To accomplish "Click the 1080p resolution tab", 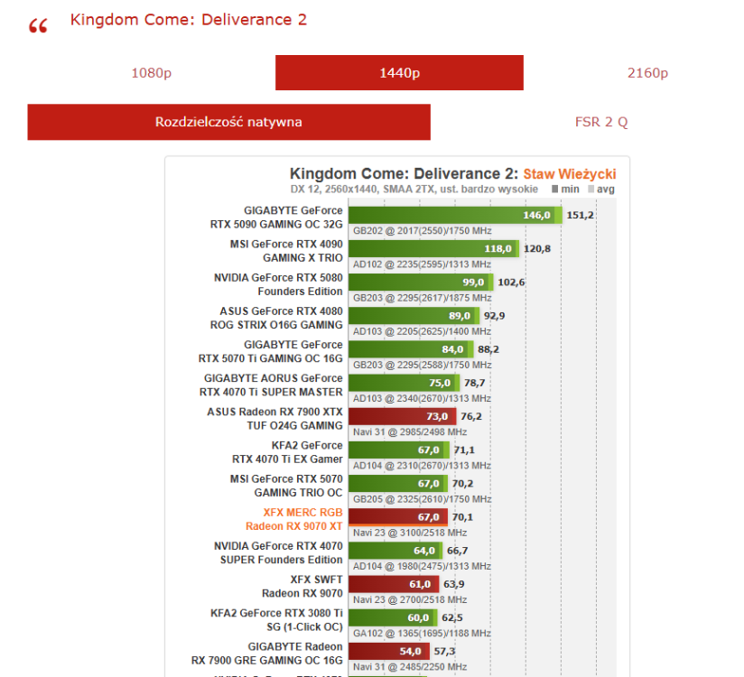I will tap(151, 73).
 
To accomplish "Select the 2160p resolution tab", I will tap(646, 73).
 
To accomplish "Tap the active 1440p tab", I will tap(399, 73).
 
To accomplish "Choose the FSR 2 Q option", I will tap(601, 122).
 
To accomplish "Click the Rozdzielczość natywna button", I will tap(228, 122).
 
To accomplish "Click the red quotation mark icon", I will tap(38, 26).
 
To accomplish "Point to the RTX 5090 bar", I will tap(451, 215).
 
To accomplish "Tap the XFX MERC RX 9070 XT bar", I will tap(397, 517).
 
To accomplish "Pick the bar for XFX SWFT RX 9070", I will tap(393, 584).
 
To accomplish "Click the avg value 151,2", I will tap(580, 215).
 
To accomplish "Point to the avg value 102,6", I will tap(511, 282).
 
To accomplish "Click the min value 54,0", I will tap(411, 651).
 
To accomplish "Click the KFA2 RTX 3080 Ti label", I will tap(276, 619).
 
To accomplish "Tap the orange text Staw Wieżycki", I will tap(570, 173).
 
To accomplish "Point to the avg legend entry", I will tap(601, 190).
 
